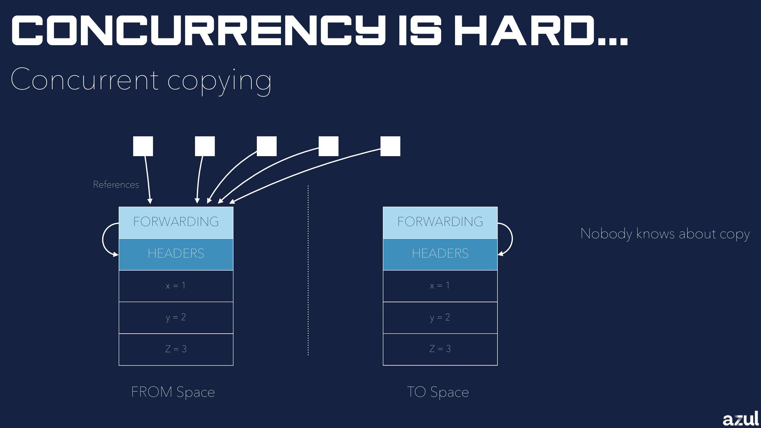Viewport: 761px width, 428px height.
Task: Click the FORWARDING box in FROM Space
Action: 176,222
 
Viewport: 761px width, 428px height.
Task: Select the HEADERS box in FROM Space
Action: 176,254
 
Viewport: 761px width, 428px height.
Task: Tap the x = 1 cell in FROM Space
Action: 176,286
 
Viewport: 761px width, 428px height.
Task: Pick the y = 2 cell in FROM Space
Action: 176,317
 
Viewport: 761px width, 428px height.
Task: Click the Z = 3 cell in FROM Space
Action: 176,349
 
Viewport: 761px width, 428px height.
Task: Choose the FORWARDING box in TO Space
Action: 440,222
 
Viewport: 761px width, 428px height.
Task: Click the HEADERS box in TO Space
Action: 440,254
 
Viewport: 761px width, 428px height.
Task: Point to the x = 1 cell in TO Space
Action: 440,286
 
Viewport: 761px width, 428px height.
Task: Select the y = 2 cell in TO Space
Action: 440,317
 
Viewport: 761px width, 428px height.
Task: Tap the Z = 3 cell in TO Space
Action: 440,349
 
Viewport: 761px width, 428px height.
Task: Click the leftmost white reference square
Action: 143,146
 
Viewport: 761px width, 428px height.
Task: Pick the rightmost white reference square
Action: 390,146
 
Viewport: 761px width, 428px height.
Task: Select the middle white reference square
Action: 267,146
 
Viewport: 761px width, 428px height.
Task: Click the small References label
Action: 116,185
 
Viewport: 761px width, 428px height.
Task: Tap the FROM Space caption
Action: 173,392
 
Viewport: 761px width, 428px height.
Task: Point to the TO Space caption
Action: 438,392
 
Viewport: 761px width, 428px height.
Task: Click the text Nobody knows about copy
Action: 665,234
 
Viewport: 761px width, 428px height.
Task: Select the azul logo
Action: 740,418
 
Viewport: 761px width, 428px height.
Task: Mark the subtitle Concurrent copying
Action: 141,80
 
